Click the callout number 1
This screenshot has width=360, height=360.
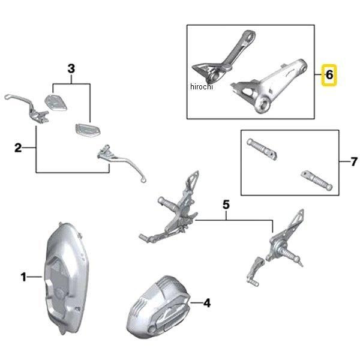click(x=23, y=277)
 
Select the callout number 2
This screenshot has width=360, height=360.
click(x=18, y=148)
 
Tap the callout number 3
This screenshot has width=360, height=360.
click(x=71, y=68)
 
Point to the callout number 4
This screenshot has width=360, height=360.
click(x=207, y=303)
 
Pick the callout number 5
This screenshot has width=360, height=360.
click(x=226, y=205)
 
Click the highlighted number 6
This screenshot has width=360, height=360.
click(x=329, y=75)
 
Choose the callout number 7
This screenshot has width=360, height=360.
click(x=354, y=161)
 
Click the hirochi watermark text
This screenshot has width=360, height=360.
click(x=202, y=87)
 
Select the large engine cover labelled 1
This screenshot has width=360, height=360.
click(x=66, y=278)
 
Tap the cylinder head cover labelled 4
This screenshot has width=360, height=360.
click(x=158, y=307)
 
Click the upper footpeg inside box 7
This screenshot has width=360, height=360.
click(x=262, y=149)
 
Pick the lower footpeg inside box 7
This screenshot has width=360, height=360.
click(x=317, y=181)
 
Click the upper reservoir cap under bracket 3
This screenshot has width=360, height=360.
click(x=56, y=103)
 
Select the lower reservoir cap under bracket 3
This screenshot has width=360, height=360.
click(x=88, y=131)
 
